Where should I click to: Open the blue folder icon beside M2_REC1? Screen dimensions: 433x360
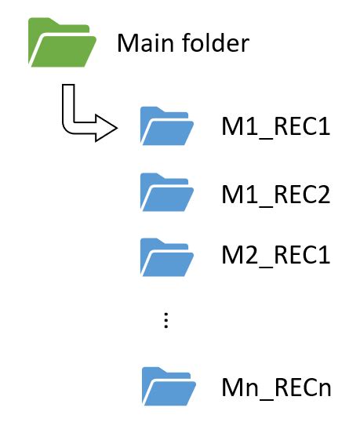[166, 255]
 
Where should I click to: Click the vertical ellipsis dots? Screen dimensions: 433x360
[165, 321]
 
